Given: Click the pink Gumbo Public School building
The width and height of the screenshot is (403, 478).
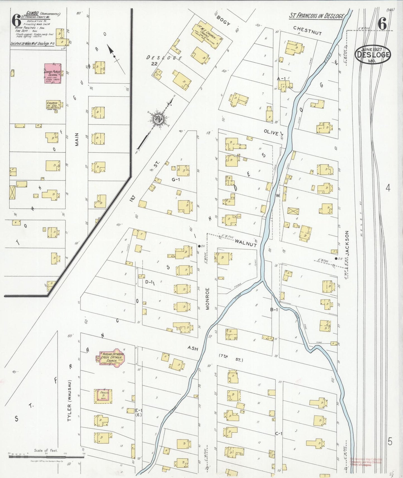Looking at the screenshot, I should [x=53, y=73].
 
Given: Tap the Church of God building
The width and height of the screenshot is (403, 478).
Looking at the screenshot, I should [x=53, y=105].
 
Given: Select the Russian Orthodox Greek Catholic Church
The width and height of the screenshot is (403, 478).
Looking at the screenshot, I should [x=111, y=358].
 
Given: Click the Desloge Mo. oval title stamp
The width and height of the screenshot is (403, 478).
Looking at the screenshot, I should [x=373, y=55].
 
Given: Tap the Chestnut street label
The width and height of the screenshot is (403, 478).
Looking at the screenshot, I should [x=307, y=30].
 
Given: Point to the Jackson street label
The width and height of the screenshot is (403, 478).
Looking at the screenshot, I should [x=347, y=243].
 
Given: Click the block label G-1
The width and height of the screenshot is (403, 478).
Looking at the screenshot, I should [x=176, y=180].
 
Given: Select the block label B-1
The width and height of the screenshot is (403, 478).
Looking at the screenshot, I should [x=274, y=309].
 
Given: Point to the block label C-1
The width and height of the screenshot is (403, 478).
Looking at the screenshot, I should [x=279, y=433].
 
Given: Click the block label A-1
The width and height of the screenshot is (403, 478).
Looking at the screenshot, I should [x=281, y=79].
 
